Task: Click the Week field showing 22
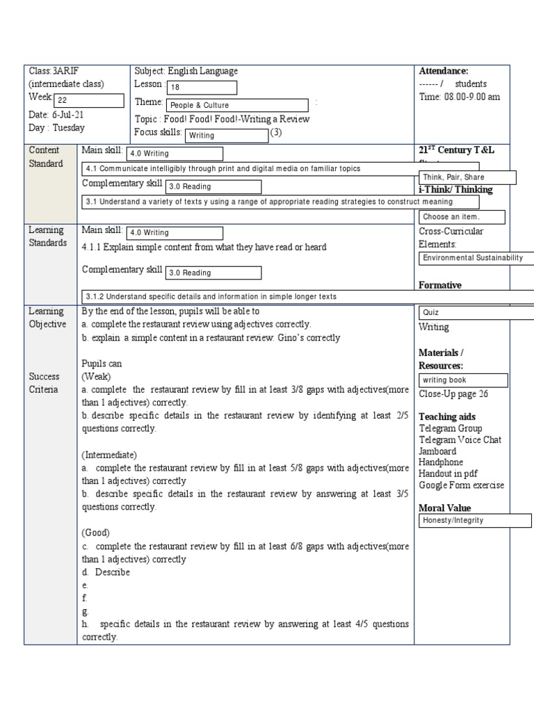[88, 100]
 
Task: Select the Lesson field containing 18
[202, 88]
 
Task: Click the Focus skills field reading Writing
[226, 136]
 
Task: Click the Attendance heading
[444, 71]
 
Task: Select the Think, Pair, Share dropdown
[467, 177]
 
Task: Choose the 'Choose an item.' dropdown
[462, 217]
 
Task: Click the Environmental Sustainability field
[476, 258]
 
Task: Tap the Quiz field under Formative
[476, 313]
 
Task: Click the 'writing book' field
[463, 380]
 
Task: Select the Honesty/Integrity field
[475, 520]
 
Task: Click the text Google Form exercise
[462, 485]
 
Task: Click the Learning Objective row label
[47, 318]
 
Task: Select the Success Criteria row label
[44, 382]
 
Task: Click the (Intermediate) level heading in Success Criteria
[109, 455]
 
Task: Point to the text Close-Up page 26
[453, 394]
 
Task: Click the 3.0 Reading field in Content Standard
[213, 186]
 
